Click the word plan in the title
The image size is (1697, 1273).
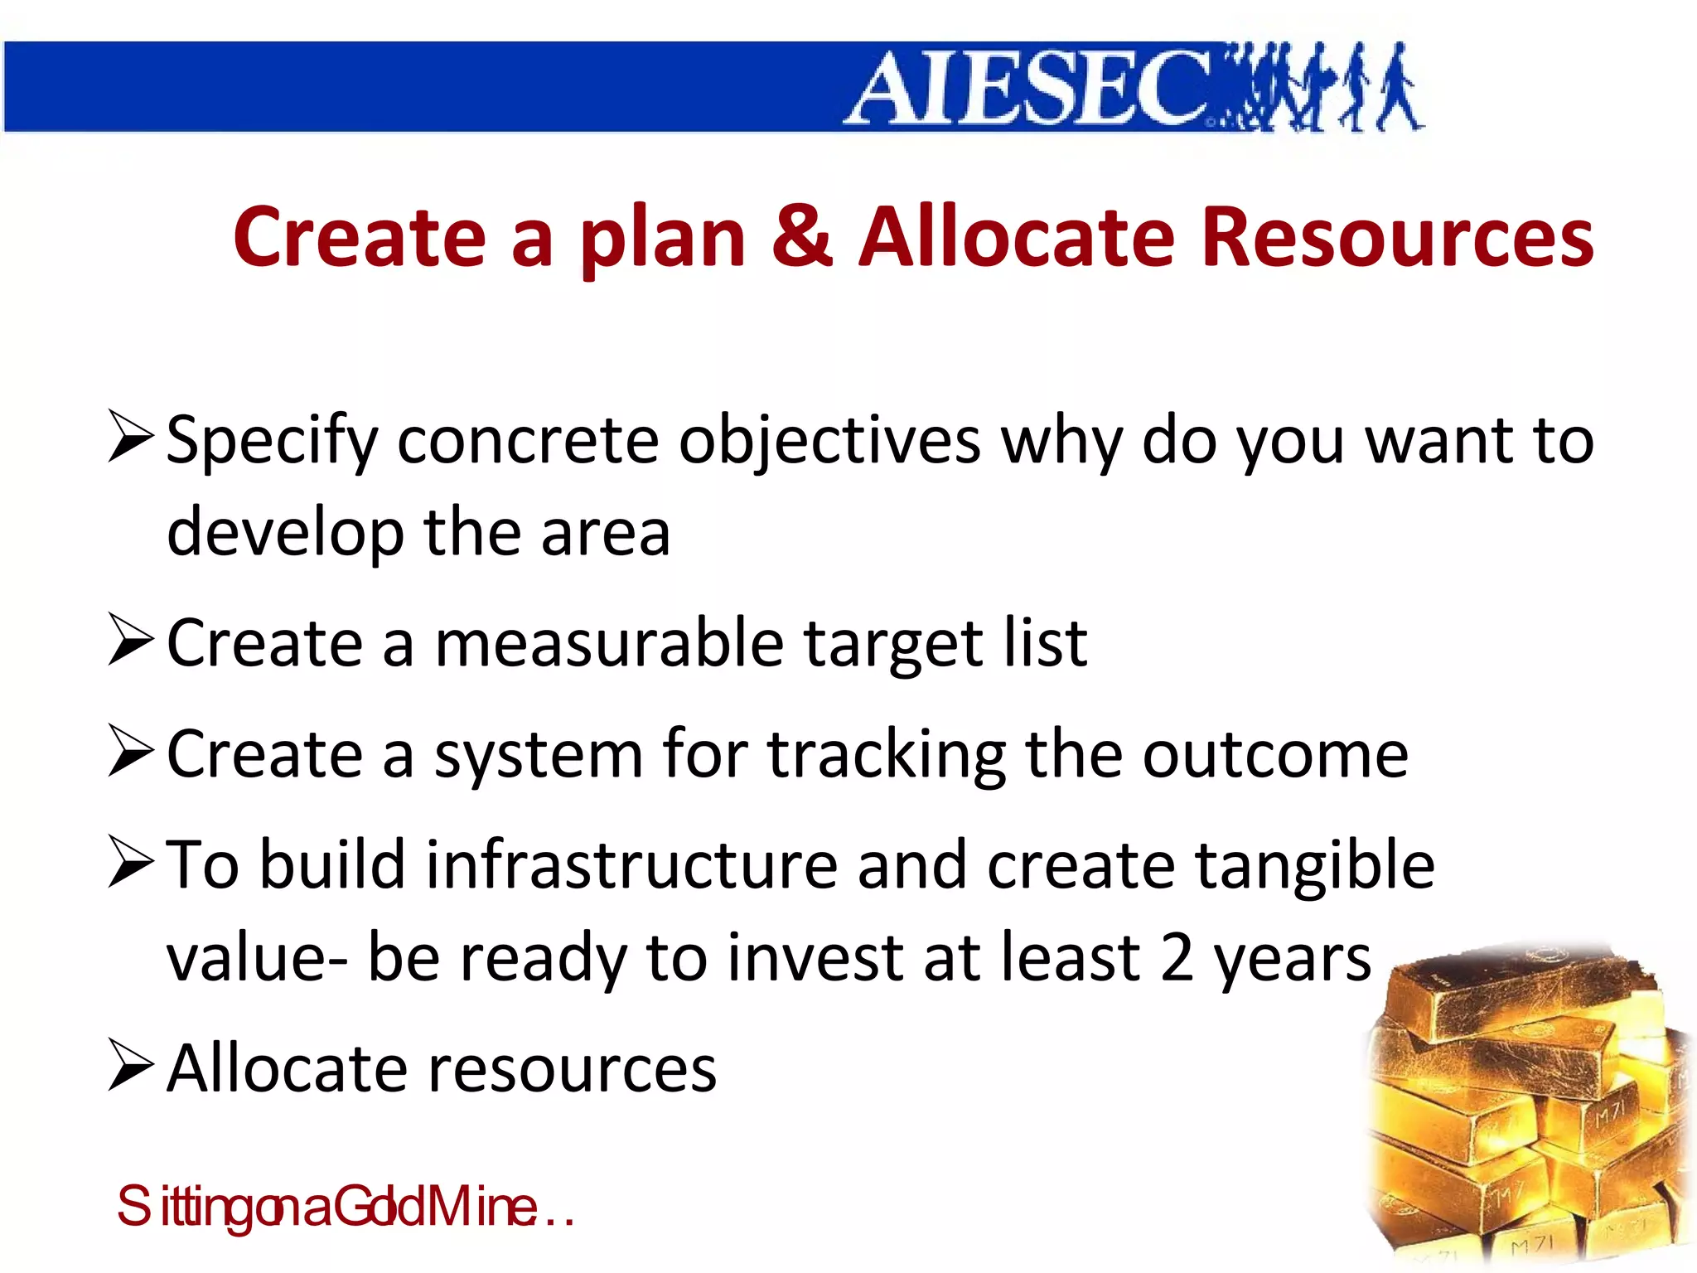coord(663,240)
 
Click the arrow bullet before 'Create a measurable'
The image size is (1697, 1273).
coord(131,640)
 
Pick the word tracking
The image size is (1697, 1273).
coord(886,756)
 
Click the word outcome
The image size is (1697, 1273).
coord(1275,756)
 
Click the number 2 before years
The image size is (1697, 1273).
coord(1177,958)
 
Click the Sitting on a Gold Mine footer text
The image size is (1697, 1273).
coord(344,1207)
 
